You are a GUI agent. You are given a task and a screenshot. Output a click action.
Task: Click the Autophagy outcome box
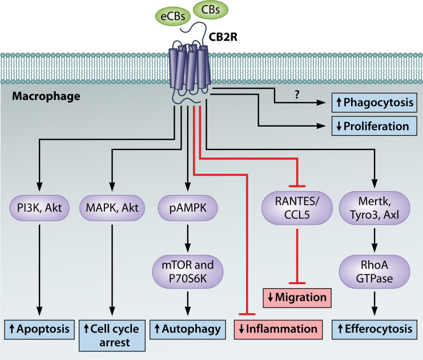click(186, 329)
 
